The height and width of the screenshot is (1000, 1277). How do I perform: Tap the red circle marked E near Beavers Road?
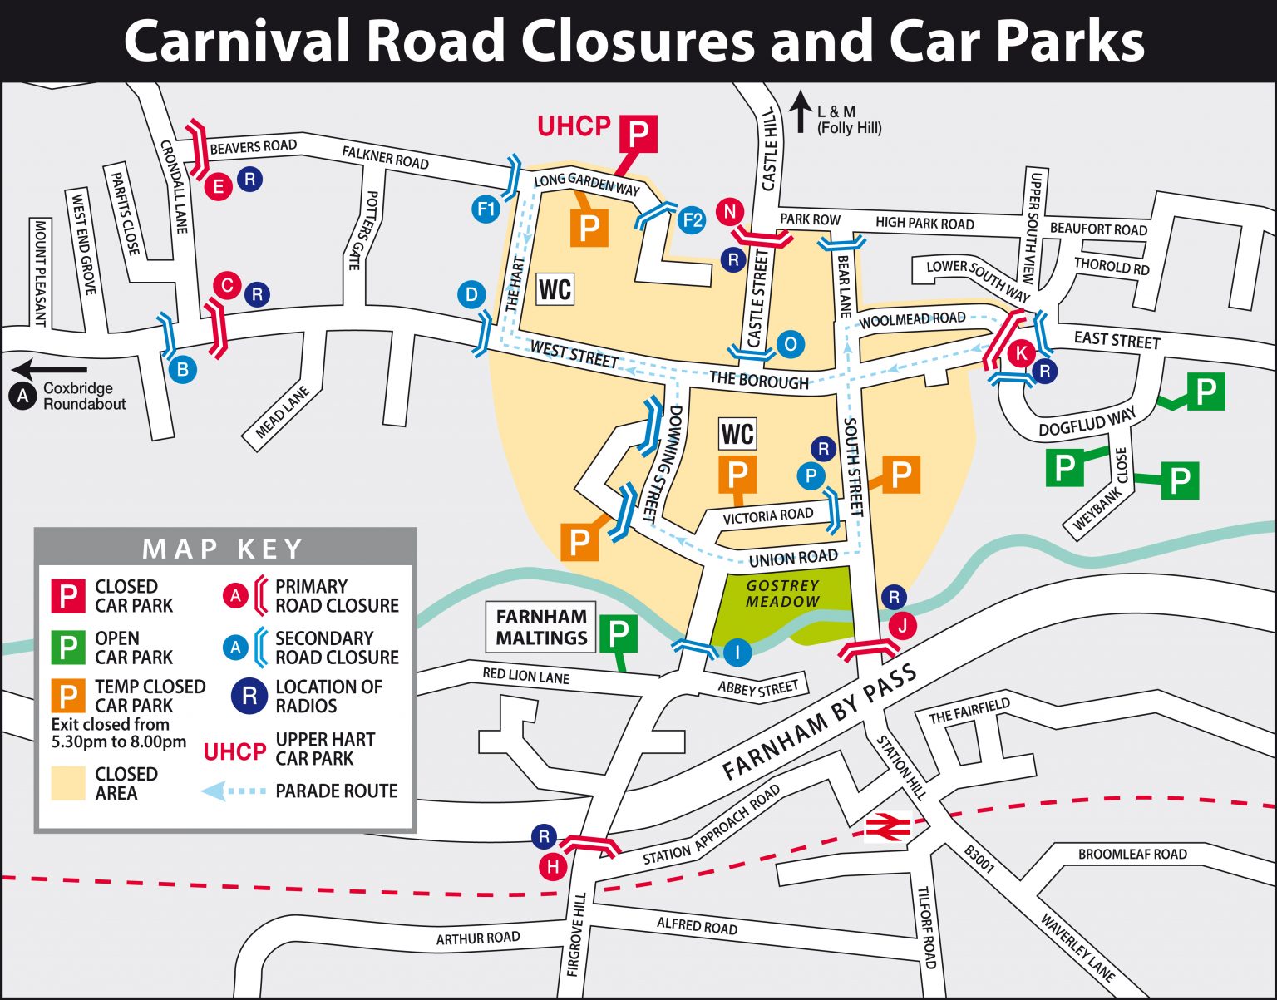click(x=219, y=186)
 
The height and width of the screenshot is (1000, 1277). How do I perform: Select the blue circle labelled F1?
click(x=486, y=208)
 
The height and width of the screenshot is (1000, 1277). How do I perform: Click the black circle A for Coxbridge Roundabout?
click(x=22, y=397)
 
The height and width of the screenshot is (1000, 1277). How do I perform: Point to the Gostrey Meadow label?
click(x=782, y=593)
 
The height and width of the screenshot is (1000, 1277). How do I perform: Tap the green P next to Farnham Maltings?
click(x=619, y=634)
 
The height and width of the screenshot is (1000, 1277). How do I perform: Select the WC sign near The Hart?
click(x=555, y=289)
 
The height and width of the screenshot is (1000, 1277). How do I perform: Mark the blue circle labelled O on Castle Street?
click(x=791, y=344)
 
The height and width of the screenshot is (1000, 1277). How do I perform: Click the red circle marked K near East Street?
click(x=1021, y=352)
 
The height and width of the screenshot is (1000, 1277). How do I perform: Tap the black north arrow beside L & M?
click(x=800, y=112)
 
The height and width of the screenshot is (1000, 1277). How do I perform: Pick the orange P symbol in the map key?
click(x=68, y=696)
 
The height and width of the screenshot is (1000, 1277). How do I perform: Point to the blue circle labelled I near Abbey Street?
click(x=737, y=652)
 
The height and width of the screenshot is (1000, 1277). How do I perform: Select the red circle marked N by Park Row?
click(x=730, y=212)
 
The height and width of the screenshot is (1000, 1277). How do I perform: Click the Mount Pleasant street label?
click(x=39, y=273)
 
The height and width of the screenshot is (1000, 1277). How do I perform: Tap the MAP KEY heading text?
click(x=223, y=549)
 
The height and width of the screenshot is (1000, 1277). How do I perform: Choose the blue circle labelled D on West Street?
click(x=471, y=294)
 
